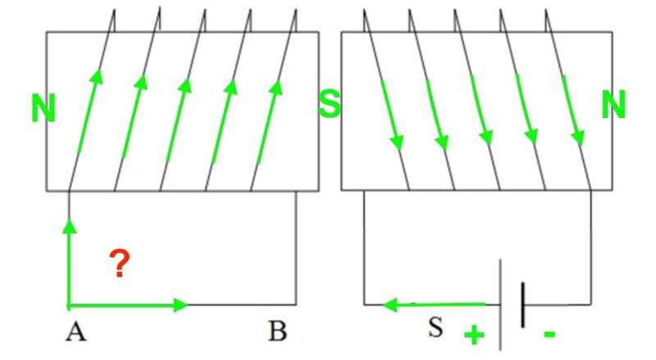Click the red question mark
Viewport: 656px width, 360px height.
(120, 265)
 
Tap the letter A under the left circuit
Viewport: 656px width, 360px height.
(76, 332)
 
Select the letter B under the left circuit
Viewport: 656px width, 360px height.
(277, 332)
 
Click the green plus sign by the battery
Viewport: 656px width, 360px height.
(474, 334)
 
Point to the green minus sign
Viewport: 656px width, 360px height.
(549, 334)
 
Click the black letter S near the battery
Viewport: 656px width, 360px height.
(435, 328)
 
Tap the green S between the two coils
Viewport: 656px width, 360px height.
(330, 105)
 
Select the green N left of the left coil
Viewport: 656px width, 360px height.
(43, 108)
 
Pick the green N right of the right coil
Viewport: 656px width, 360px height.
(614, 105)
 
